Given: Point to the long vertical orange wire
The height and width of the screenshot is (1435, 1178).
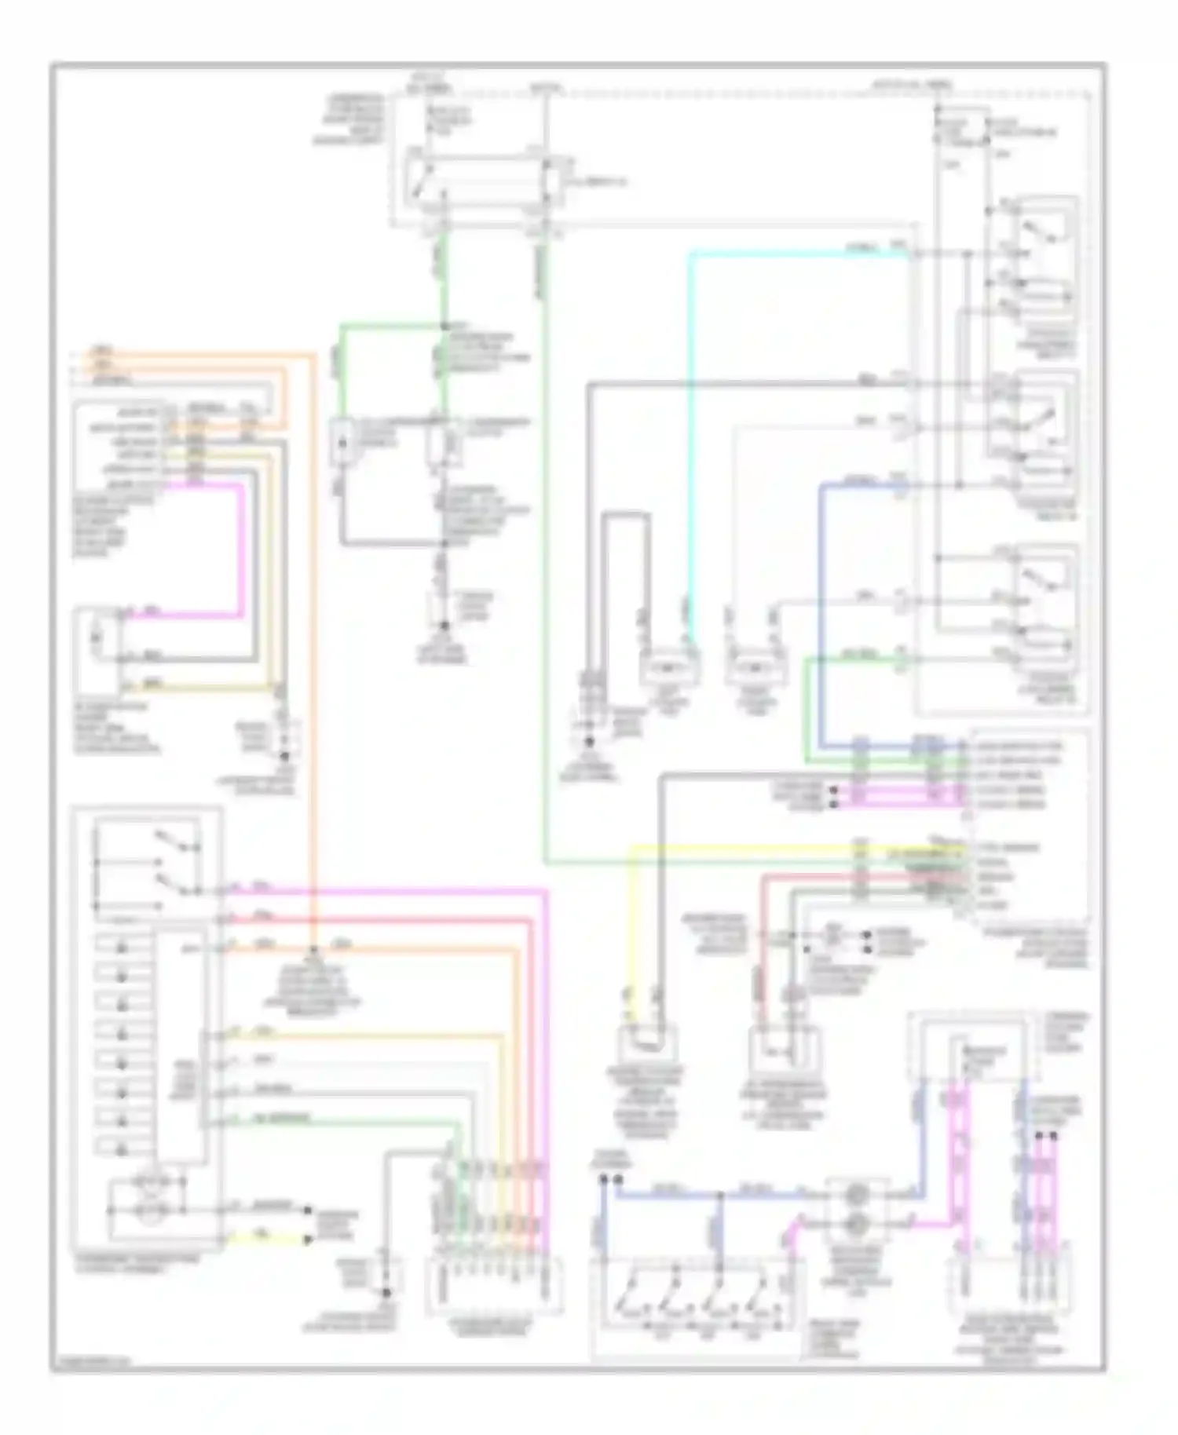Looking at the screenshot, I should point(314,628).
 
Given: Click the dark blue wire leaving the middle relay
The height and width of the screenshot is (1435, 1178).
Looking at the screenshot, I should point(821,612).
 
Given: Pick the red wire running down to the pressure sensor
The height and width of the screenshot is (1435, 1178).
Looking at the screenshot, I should point(761,942).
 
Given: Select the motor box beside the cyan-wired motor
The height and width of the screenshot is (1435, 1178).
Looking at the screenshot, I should point(752,668).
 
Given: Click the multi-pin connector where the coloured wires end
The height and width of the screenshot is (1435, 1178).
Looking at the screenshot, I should point(493,1284).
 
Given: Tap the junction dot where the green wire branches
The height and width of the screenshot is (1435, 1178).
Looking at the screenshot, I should point(444,325).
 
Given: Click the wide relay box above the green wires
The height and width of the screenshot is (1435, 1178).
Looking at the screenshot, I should point(481,181).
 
